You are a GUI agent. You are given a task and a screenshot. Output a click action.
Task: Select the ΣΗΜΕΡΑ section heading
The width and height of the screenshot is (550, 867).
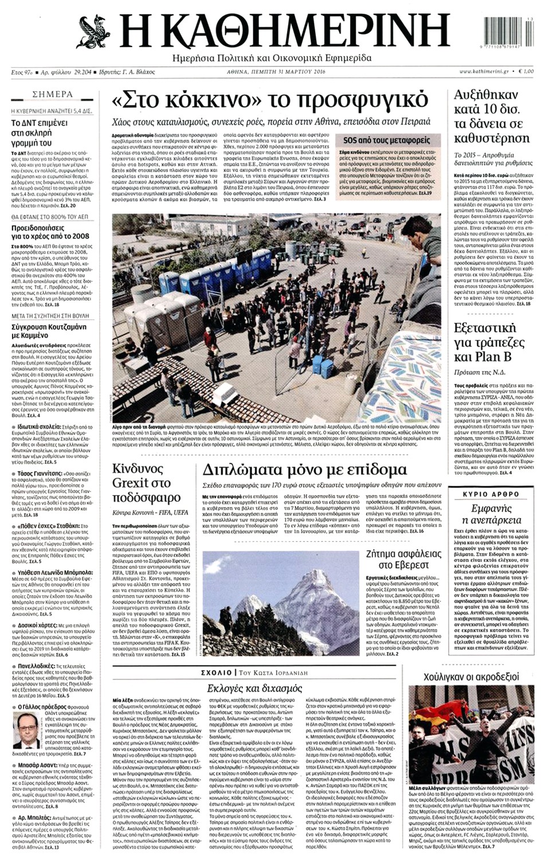coord(53,94)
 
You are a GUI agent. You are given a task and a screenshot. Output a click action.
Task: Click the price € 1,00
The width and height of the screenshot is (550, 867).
coord(526,72)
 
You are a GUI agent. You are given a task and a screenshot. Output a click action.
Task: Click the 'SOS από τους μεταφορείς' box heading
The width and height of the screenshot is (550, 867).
coord(387,140)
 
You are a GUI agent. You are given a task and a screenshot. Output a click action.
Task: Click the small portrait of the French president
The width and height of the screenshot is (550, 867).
coord(26,731)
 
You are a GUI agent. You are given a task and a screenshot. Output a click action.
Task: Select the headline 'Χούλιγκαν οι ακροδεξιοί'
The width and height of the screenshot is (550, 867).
coord(471,677)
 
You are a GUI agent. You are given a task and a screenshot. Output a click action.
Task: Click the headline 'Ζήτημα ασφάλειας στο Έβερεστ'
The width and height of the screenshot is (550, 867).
coord(403,560)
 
